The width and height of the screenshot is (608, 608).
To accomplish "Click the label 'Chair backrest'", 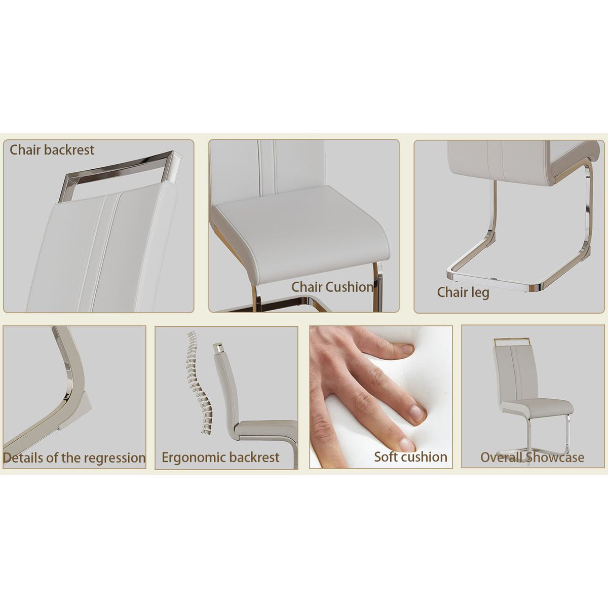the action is pos(52,150).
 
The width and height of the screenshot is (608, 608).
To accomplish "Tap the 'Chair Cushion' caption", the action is pos(332,287).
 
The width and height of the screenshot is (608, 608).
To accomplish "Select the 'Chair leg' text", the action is pos(463,292).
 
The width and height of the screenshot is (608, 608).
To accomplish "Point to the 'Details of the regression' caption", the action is pos(74,458).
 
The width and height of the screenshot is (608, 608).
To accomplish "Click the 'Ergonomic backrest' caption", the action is pos(220,458).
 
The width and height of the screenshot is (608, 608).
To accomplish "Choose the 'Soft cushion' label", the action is pos(410,457).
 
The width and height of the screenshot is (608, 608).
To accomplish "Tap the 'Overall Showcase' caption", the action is pos(532,457).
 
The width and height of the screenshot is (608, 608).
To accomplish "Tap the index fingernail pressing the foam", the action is pos(407,349).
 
